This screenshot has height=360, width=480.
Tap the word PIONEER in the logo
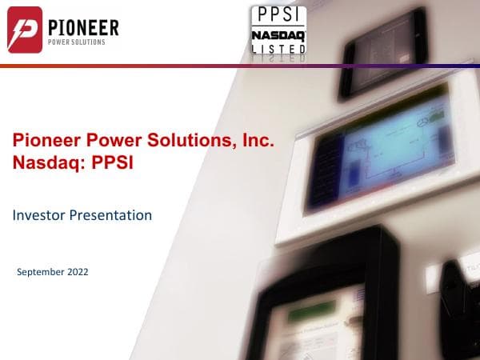(x=82, y=28)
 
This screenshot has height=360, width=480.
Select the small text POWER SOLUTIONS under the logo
(x=75, y=43)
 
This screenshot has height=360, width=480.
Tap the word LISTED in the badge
(x=278, y=50)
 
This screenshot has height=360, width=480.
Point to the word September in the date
(x=40, y=272)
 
